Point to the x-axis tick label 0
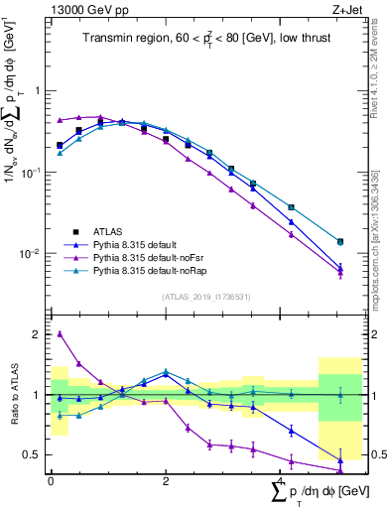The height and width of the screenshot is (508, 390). point(51,481)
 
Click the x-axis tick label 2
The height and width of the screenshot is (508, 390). point(166,481)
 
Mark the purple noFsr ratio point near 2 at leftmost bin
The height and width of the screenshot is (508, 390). point(61,334)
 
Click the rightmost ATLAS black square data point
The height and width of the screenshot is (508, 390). point(340,242)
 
